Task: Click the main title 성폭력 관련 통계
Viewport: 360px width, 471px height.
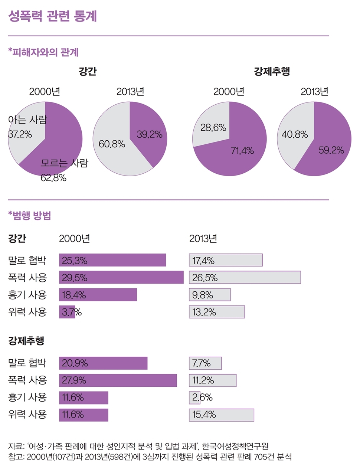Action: (52, 16)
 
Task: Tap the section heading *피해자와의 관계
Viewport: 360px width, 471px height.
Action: (43, 52)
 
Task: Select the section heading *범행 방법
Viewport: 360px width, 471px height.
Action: (30, 215)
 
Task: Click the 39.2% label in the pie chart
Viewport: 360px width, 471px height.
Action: (150, 134)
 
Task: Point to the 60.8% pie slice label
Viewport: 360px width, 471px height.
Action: (112, 144)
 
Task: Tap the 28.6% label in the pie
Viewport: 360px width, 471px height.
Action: (213, 128)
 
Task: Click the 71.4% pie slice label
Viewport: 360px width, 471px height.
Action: (242, 151)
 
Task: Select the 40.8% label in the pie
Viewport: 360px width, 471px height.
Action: (295, 134)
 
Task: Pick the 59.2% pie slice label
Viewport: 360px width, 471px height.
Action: (331, 150)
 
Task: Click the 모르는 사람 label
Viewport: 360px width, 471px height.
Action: (64, 163)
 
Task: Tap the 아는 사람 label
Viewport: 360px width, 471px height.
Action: (27, 120)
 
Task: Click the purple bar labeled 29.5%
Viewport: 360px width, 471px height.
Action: (121, 277)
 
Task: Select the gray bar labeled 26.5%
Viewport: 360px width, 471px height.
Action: (245, 277)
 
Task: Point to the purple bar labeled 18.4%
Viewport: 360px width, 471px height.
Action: (98, 295)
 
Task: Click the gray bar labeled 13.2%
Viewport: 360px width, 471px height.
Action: (217, 312)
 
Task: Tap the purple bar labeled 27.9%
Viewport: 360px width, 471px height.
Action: (118, 380)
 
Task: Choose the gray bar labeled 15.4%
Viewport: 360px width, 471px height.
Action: (221, 415)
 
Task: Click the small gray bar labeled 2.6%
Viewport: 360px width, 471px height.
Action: (195, 398)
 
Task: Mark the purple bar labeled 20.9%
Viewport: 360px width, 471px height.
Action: (103, 363)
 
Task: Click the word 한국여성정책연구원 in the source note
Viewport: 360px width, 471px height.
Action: (235, 446)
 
